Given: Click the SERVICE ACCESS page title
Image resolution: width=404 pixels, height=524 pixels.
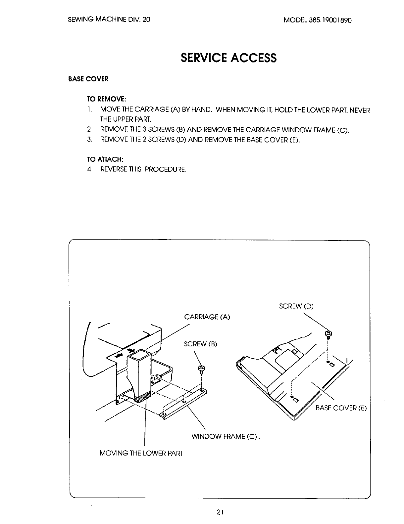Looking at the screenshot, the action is (x=228, y=58).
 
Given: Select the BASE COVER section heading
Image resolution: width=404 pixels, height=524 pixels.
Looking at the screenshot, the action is (x=88, y=79).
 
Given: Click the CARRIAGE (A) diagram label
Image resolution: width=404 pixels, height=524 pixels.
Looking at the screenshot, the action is (x=207, y=317).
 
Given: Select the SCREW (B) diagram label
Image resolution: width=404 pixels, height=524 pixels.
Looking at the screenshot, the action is (x=200, y=344).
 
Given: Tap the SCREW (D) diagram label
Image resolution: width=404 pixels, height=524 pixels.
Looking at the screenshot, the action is (x=296, y=306).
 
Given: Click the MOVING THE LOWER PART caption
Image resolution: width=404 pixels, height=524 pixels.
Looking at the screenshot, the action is (x=141, y=453).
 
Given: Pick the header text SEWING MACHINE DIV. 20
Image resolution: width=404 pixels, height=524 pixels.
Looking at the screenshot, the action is (x=109, y=20).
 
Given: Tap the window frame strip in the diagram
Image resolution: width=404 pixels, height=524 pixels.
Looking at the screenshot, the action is (x=184, y=404).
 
